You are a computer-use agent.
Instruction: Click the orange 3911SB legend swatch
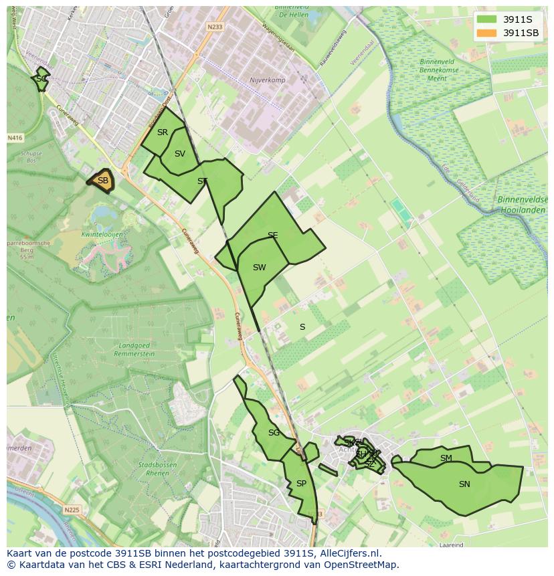(x=488, y=33)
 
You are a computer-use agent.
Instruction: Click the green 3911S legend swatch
(x=488, y=19)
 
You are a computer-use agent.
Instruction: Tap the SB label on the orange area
(x=103, y=181)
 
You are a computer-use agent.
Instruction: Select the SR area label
(x=163, y=132)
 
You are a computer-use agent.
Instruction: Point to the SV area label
(x=180, y=154)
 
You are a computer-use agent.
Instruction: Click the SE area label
(x=272, y=235)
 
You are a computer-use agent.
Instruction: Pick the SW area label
(x=259, y=268)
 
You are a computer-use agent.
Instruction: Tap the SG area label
(x=274, y=433)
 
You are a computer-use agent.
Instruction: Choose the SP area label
(x=301, y=484)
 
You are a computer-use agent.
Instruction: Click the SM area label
(x=446, y=458)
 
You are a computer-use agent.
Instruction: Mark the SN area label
(x=464, y=484)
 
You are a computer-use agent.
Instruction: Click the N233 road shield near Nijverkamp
(x=215, y=27)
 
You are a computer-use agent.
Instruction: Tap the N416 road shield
(x=15, y=138)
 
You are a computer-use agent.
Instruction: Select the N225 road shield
(x=72, y=510)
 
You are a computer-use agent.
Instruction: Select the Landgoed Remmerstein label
(x=136, y=349)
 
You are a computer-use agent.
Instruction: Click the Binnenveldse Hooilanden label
(x=521, y=205)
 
